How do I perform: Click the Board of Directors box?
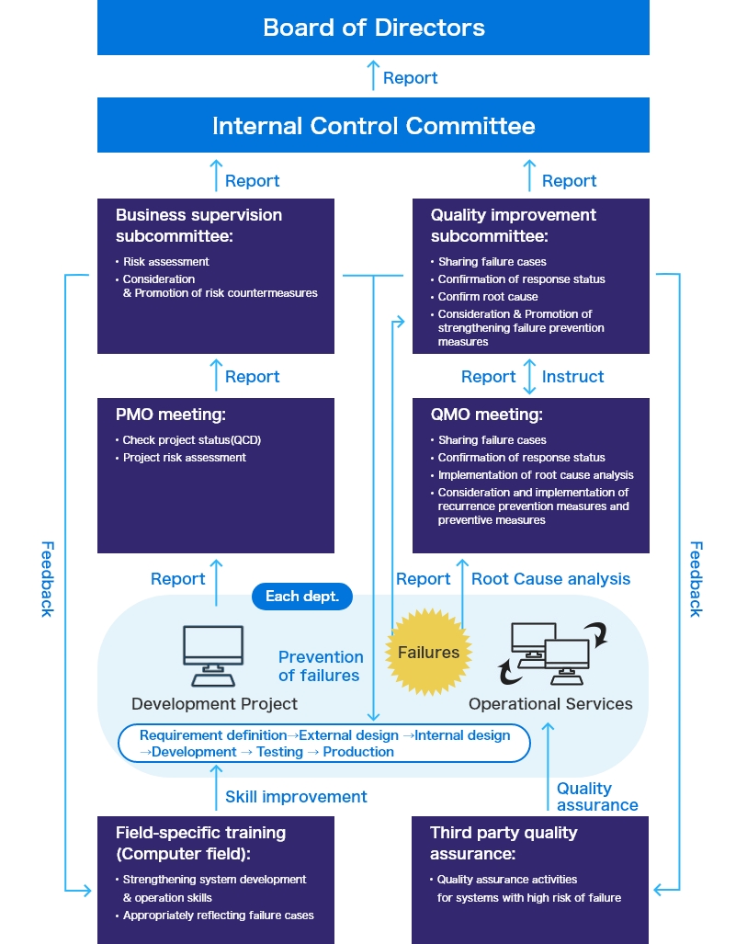[373, 28]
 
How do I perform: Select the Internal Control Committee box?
[373, 125]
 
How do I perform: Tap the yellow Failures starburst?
[428, 653]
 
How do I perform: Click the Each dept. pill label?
[302, 597]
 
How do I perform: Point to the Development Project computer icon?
[213, 655]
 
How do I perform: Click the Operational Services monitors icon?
[549, 654]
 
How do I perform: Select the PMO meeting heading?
[171, 415]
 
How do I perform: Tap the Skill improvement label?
[296, 797]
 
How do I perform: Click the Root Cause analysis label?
[550, 579]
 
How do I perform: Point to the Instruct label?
[572, 377]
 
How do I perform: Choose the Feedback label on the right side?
[696, 578]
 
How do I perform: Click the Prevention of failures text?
[321, 666]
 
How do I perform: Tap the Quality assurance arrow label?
[596, 797]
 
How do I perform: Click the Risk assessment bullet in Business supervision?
[166, 262]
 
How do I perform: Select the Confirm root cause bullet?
[488, 297]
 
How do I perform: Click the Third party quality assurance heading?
[504, 842]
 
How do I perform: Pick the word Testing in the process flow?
[279, 752]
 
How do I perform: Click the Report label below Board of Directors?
[410, 78]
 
